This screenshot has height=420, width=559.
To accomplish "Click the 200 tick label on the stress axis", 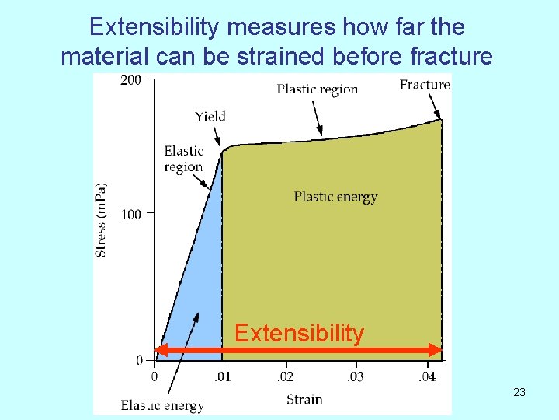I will [x=131, y=80].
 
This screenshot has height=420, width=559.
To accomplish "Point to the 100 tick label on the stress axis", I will [x=131, y=214].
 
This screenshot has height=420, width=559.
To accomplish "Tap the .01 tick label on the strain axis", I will [x=222, y=377].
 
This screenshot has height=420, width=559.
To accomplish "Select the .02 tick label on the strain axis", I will [x=286, y=377].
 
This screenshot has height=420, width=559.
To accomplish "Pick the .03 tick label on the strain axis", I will [x=355, y=377].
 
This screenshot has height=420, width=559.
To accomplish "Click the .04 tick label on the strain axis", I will [x=426, y=377].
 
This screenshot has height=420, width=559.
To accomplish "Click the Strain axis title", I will [x=304, y=399].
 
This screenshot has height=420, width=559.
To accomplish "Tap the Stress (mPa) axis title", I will [x=102, y=219].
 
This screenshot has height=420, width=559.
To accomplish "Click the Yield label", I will [x=210, y=117].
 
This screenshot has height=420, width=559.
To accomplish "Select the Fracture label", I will [x=425, y=85].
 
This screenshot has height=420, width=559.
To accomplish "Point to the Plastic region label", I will [x=318, y=89].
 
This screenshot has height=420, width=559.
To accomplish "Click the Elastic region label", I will [x=183, y=159].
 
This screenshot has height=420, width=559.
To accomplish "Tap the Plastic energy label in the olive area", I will [x=335, y=196].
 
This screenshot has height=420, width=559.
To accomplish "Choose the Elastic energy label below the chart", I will [x=162, y=405].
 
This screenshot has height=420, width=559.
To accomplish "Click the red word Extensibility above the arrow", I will [x=299, y=334].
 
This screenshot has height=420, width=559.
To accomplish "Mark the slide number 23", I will [x=519, y=392].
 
